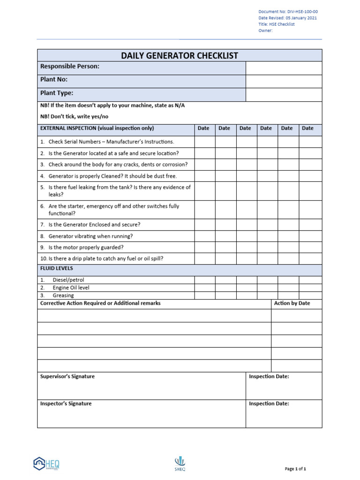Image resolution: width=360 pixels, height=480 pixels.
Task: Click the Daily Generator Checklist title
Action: (180, 56)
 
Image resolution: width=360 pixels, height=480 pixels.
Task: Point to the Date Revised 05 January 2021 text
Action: (287, 18)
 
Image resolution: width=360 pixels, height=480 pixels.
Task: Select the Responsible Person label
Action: (70, 67)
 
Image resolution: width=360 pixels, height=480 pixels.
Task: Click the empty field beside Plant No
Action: (284, 81)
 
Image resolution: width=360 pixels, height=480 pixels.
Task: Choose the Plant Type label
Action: (57, 93)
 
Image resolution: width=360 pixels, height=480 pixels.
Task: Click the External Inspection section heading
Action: (97, 128)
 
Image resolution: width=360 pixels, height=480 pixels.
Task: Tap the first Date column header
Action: (203, 128)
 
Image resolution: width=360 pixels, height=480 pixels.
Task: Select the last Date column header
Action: (308, 128)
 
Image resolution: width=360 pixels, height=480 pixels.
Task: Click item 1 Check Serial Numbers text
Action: (111, 142)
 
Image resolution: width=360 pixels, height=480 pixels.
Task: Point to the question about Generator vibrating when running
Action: (90, 236)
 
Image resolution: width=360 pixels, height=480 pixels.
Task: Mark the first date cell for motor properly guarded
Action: (204, 247)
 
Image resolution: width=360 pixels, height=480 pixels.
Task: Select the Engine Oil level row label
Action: (71, 288)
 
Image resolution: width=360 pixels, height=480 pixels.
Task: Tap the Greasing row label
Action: (63, 296)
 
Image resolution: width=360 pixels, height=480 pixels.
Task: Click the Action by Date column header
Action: (292, 303)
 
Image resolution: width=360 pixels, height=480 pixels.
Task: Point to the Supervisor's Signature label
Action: (67, 376)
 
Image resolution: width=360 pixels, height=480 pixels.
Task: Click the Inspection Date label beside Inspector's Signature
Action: (269, 404)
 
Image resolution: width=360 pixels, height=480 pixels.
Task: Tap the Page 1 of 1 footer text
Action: (295, 468)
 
